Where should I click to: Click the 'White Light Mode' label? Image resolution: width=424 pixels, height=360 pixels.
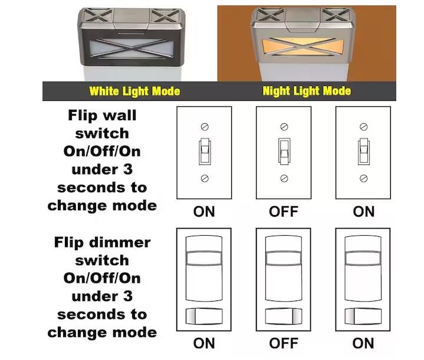click(134, 91)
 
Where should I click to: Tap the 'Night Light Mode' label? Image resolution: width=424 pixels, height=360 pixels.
click(307, 91)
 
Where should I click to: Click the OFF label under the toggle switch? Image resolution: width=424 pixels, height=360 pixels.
click(284, 212)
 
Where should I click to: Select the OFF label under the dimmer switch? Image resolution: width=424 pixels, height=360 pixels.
click(284, 344)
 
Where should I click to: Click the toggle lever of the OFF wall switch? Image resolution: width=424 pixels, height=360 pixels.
click(284, 151)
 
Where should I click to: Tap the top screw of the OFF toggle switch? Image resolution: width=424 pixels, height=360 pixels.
click(284, 127)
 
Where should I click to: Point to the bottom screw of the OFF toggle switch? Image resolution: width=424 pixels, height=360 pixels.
click(284, 179)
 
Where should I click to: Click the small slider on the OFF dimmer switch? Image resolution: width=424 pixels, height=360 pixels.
click(284, 316)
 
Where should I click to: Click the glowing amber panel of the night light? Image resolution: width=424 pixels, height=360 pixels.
click(303, 47)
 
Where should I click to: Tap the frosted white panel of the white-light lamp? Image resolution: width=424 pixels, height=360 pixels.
click(132, 48)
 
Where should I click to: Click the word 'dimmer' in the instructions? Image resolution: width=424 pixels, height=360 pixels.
click(120, 242)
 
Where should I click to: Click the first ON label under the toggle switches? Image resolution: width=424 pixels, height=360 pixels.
click(204, 212)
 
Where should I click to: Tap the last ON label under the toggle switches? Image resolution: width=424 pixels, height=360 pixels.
click(364, 212)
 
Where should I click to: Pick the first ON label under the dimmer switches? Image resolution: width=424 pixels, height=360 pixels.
click(204, 344)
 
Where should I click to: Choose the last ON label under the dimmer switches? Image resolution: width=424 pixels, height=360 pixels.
click(363, 344)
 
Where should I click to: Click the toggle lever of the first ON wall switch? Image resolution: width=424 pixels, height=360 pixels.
click(205, 151)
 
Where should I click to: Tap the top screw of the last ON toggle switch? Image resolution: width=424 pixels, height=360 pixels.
click(364, 127)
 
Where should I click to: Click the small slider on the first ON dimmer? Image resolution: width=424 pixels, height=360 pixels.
click(204, 316)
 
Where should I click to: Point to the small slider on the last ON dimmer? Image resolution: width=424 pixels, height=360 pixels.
click(363, 316)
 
